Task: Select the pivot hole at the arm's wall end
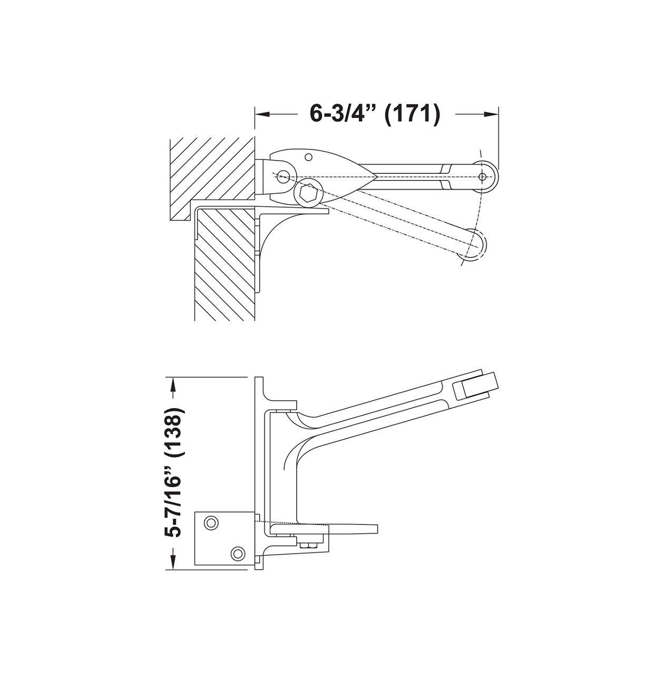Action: click(284, 175)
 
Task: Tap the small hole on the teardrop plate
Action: click(309, 156)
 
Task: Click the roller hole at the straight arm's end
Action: click(482, 176)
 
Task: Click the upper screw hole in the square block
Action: click(211, 522)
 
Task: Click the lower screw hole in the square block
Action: click(238, 553)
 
